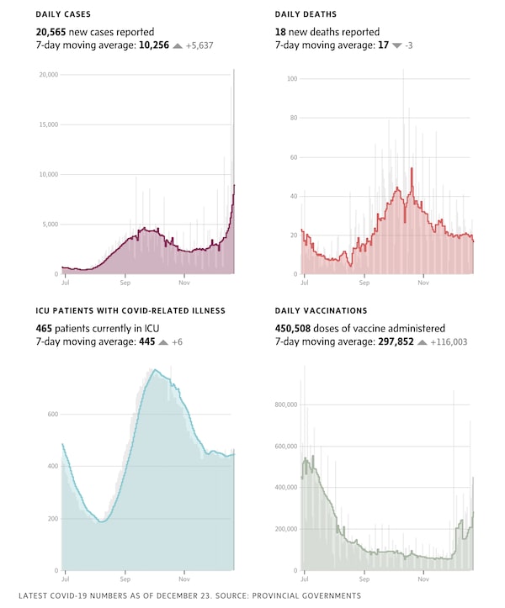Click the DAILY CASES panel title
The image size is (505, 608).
63,15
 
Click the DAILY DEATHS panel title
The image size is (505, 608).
306,15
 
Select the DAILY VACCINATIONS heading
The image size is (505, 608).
321,311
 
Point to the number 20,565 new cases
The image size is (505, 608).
51,31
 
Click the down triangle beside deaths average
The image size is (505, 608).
397,45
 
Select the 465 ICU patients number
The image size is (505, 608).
45,328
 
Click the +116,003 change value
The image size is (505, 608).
449,342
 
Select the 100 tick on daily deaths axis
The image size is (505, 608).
293,79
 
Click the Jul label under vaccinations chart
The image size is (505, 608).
303,579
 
